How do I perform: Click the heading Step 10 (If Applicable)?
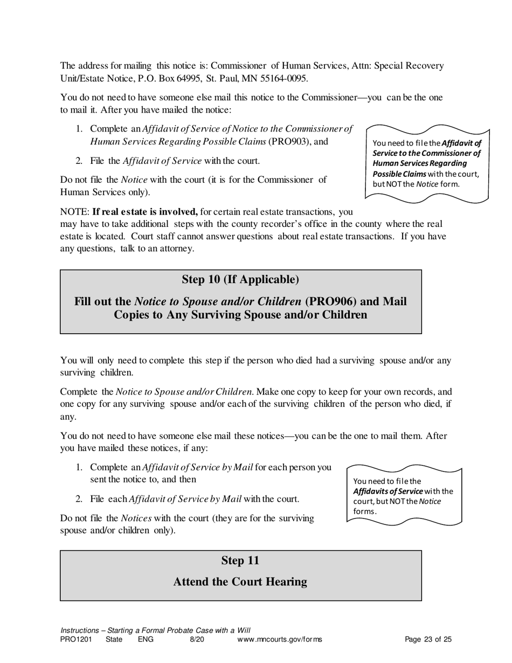240,279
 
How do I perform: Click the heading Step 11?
240,561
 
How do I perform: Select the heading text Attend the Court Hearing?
240,582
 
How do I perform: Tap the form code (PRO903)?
290,141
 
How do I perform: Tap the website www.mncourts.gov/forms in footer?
279,640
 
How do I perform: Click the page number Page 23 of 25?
428,640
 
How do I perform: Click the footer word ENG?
146,640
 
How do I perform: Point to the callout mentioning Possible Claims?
427,163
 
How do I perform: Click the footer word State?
114,640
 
